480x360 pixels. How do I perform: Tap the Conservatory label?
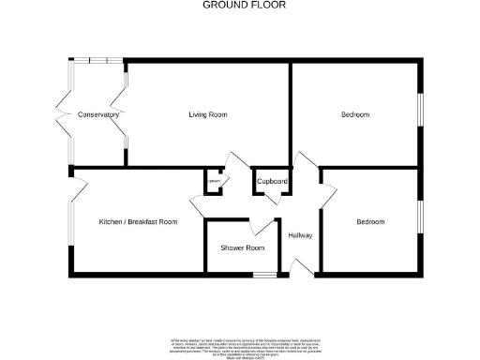pos(98,114)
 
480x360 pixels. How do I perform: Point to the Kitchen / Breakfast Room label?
pos(139,222)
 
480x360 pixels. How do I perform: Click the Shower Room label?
pos(242,247)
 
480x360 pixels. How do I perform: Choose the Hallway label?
pos(300,235)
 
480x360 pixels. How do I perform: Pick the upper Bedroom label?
pos(354,114)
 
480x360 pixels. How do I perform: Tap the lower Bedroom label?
pos(369,222)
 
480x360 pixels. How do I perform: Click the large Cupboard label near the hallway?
pos(272,181)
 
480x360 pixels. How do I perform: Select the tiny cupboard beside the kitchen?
pos(214,181)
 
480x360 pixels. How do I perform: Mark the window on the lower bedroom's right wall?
pos(420,215)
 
